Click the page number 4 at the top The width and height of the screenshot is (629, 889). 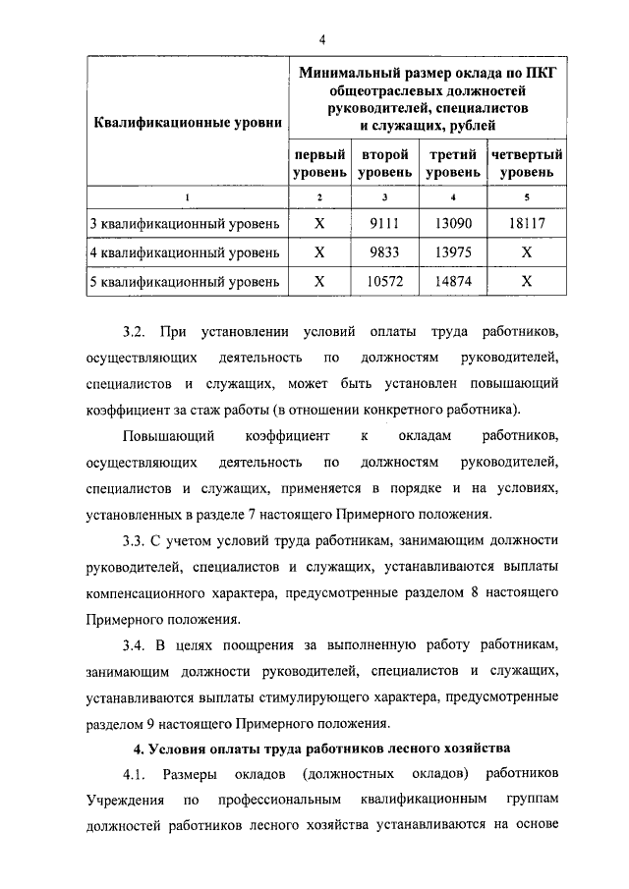tap(321, 39)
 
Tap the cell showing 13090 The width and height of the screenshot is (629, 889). tap(452, 223)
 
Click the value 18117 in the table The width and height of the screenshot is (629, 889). tap(527, 223)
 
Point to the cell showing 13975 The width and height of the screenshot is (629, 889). tap(452, 251)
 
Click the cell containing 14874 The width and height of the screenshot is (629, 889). tap(452, 281)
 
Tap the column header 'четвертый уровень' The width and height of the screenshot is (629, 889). tap(527, 163)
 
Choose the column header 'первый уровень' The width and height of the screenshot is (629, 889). tap(318, 163)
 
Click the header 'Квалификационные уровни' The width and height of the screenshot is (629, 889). tap(188, 124)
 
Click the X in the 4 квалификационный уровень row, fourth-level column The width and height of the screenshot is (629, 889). tap(527, 251)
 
